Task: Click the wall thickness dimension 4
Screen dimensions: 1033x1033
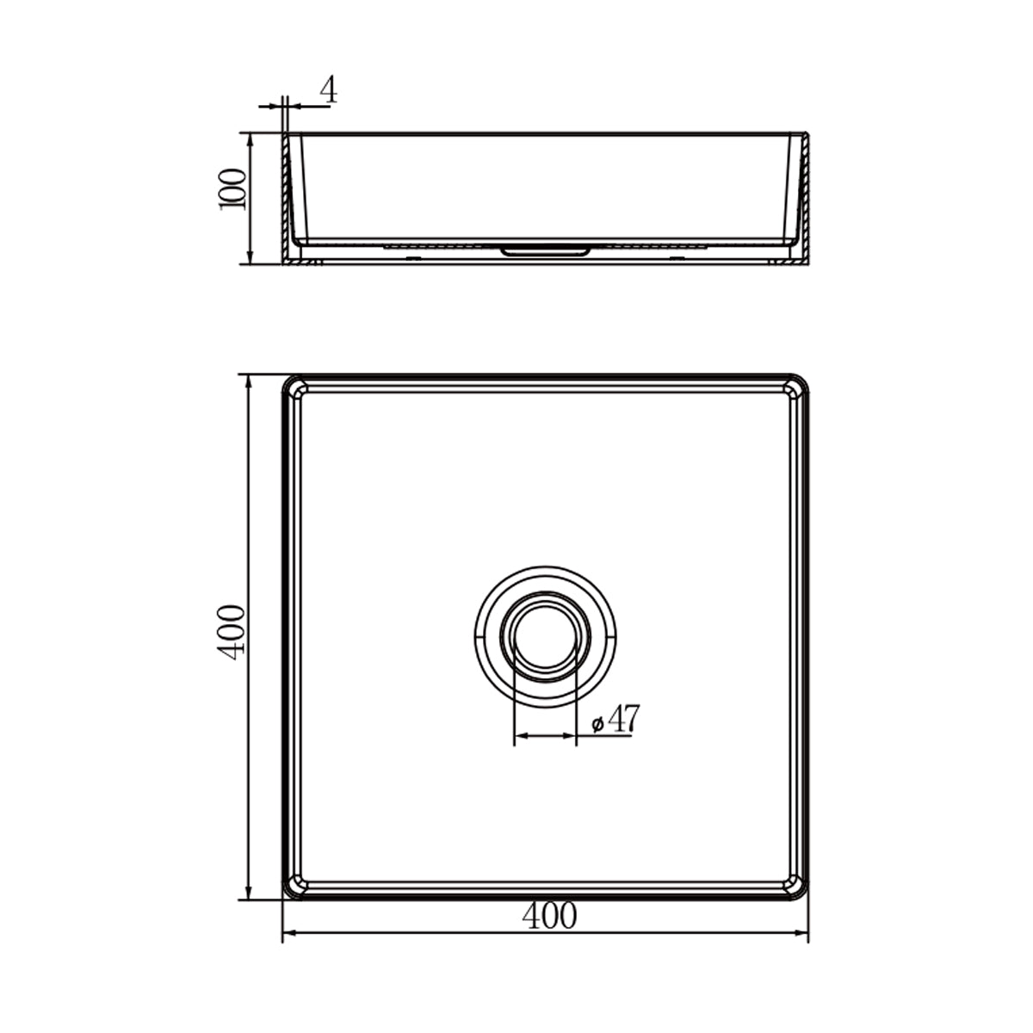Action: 328,90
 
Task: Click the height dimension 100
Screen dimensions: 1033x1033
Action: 233,189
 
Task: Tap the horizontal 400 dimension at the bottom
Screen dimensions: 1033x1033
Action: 548,917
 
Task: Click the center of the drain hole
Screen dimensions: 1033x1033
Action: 544,634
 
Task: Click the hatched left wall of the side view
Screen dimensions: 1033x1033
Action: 286,198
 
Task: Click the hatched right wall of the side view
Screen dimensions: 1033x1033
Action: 807,198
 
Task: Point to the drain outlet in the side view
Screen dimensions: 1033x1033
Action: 544,251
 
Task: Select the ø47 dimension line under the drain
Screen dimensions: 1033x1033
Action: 544,736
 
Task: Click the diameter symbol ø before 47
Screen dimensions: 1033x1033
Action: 597,725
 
